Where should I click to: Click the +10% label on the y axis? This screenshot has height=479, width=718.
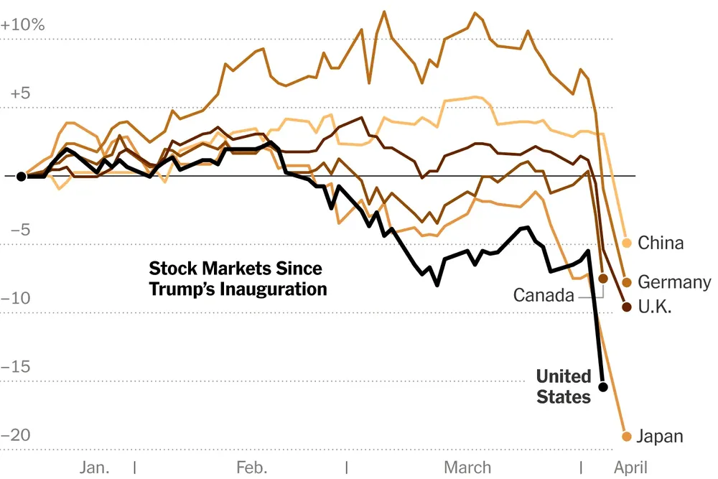point(23,24)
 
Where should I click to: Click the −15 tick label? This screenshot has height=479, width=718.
point(18,367)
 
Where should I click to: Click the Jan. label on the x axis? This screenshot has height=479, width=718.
point(95,468)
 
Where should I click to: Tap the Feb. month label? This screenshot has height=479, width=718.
point(251,468)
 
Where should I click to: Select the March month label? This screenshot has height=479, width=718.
point(467,468)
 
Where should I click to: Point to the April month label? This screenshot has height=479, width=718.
point(631,468)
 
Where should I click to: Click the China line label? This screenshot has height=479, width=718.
point(661,243)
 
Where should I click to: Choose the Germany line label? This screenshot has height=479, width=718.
point(674,282)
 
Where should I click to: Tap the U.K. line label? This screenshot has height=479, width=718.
point(655,307)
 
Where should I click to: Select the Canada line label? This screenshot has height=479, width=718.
point(544,295)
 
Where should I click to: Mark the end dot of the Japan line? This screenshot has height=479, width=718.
point(626,437)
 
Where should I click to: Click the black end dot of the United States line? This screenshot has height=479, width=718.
point(603,387)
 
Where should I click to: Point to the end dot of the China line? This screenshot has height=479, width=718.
point(627,243)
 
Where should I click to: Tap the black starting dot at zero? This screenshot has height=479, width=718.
point(22,176)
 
